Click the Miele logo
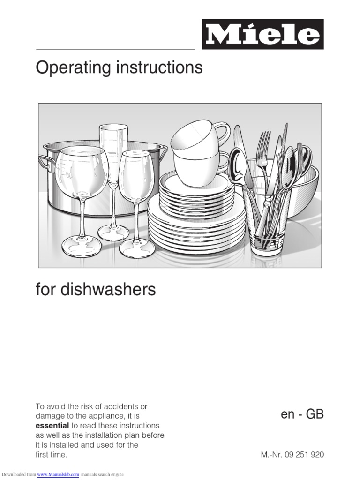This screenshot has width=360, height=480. pos(262,34)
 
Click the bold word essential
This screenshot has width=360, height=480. pos(52,426)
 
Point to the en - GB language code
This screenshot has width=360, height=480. pos(302,415)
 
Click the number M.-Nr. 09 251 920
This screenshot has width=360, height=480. pos(292,454)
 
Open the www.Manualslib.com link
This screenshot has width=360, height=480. pos(58,474)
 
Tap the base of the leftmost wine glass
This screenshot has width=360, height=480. pos(82,247)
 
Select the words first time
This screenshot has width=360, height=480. pos(52,454)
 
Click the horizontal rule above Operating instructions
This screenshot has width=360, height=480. pos(115,49)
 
